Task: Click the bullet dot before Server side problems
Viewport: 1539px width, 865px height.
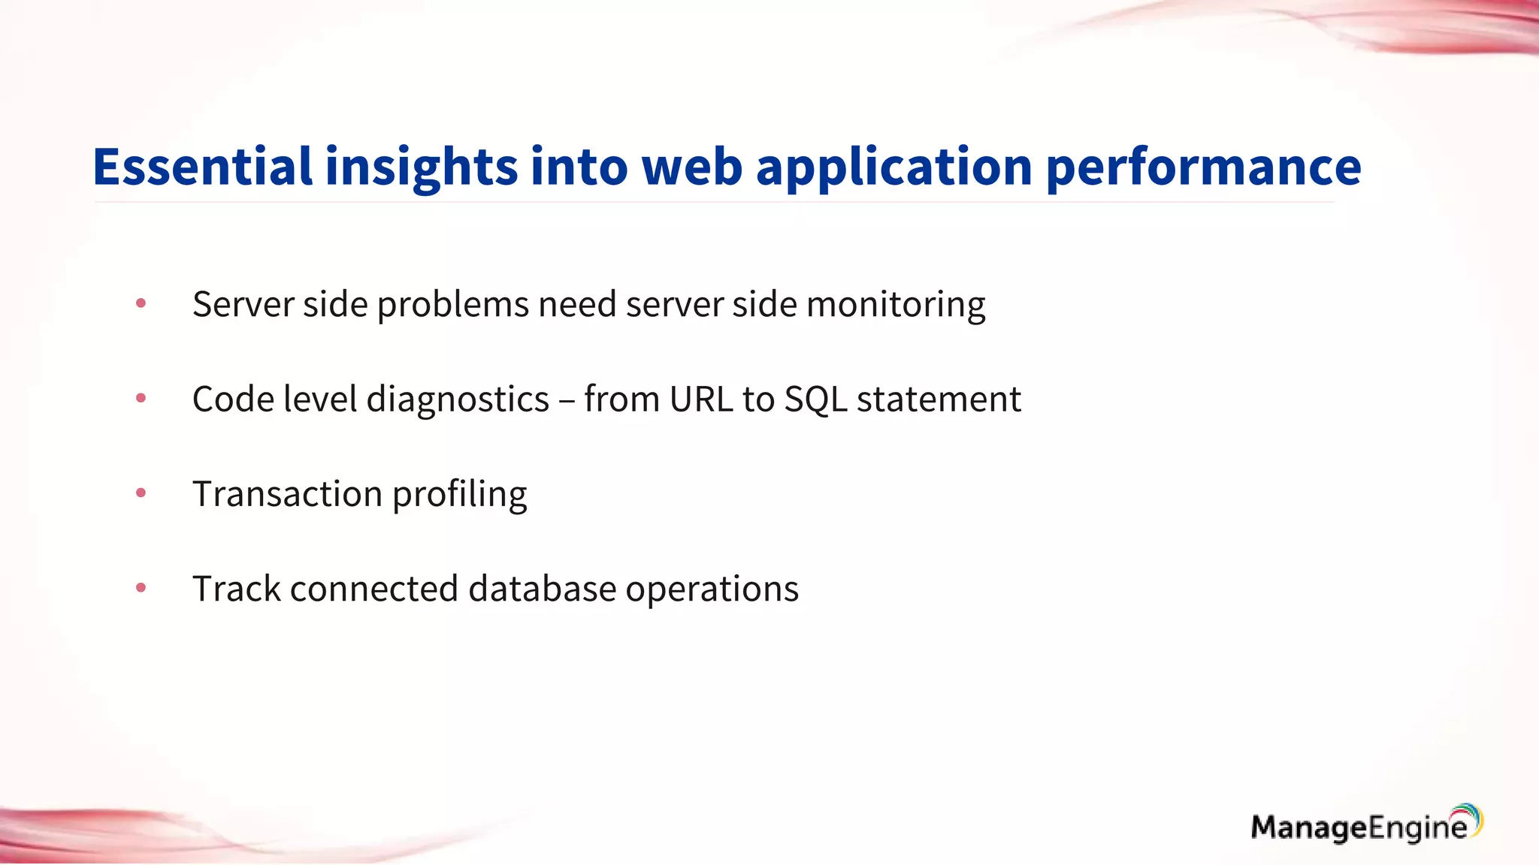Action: point(141,303)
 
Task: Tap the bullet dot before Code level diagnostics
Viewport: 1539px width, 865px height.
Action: point(141,398)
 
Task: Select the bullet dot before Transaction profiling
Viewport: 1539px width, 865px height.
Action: point(141,493)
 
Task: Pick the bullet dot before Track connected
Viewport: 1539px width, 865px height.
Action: point(141,588)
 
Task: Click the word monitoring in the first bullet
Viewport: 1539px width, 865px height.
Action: point(896,305)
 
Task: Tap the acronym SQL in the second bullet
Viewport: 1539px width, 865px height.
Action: point(815,399)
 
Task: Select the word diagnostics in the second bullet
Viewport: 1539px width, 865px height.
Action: point(458,399)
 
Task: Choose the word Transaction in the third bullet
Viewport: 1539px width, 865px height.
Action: point(287,494)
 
